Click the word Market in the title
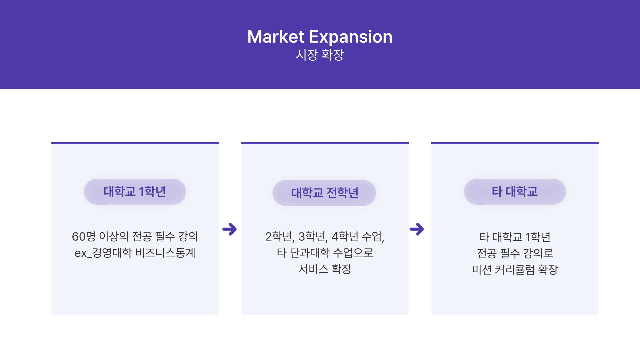click(x=276, y=37)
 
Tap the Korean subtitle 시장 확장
click(x=320, y=55)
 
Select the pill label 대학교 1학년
click(x=135, y=192)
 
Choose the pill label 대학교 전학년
click(x=325, y=193)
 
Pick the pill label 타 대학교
click(x=515, y=192)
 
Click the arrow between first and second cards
click(x=229, y=229)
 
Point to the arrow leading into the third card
click(x=417, y=229)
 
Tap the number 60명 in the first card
click(x=84, y=236)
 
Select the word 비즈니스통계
click(x=165, y=253)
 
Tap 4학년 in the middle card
click(x=345, y=236)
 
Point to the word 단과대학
click(x=310, y=253)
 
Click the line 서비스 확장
click(x=325, y=269)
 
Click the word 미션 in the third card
click(x=482, y=269)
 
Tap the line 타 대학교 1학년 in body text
click(x=515, y=237)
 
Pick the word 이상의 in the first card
click(x=114, y=236)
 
